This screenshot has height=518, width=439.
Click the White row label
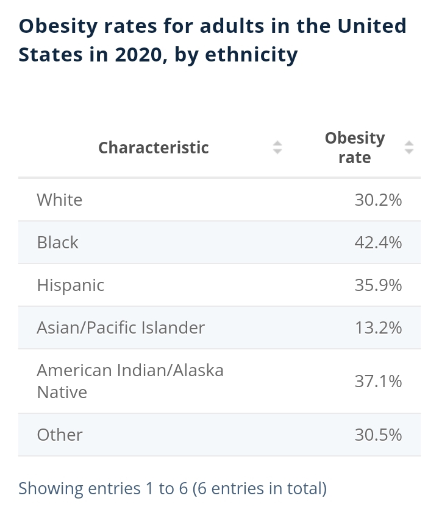[x=60, y=200]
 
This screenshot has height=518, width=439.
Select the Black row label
[x=57, y=242]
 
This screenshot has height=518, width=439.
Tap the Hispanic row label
[x=71, y=285]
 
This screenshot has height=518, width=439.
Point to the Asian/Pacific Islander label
[x=121, y=327]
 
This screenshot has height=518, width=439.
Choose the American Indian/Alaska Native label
[x=130, y=381]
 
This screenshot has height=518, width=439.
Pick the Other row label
[x=60, y=435]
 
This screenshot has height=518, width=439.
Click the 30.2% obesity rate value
[x=378, y=200]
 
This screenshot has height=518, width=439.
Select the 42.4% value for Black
[x=378, y=242]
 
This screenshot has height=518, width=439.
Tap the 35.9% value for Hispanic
[x=378, y=285]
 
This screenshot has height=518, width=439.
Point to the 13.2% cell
[x=378, y=327]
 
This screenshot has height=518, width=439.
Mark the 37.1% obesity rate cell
[x=378, y=381]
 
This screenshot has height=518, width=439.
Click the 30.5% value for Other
[x=378, y=435]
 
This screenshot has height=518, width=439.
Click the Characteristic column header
[x=154, y=147]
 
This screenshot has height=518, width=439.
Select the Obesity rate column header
[x=355, y=147]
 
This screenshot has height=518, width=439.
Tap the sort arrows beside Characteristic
[x=277, y=147]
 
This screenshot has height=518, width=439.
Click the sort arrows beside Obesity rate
[x=409, y=147]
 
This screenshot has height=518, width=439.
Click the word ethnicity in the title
[x=251, y=55]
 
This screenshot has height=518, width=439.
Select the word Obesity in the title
[x=58, y=26]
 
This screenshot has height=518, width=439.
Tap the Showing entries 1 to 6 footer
[x=173, y=488]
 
